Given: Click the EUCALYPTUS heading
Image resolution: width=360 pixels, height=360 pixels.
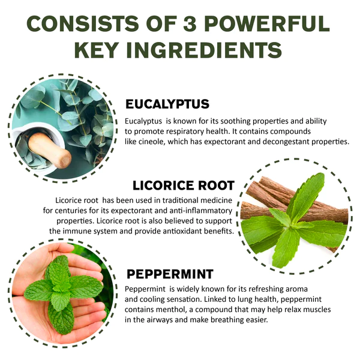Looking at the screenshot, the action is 167,104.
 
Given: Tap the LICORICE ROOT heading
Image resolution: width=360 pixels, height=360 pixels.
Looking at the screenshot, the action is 184,185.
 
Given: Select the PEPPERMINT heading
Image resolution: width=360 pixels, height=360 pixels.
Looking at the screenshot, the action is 170,274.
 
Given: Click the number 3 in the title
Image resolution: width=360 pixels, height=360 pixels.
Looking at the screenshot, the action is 190,23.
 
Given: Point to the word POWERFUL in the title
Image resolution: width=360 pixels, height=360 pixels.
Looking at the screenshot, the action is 267,23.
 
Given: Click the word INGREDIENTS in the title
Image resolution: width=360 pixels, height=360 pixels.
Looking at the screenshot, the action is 204,50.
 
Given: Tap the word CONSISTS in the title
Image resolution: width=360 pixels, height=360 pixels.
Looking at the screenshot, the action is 83,23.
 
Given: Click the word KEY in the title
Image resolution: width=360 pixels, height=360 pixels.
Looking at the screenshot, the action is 97,50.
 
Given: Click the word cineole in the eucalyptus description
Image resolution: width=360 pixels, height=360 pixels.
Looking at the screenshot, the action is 152,142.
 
